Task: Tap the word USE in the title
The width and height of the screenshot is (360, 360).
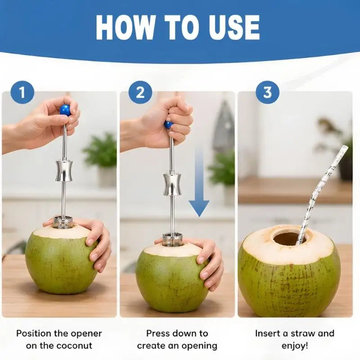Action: point(234,28)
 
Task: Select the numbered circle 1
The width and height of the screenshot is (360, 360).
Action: point(22,92)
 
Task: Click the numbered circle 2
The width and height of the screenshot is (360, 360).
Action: point(140,92)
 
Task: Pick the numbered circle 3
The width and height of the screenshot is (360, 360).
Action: point(267,92)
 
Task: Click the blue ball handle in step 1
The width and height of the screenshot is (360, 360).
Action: point(65,110)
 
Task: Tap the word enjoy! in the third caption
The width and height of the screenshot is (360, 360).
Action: point(295,346)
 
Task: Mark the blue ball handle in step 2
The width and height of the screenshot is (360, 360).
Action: point(168,125)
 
